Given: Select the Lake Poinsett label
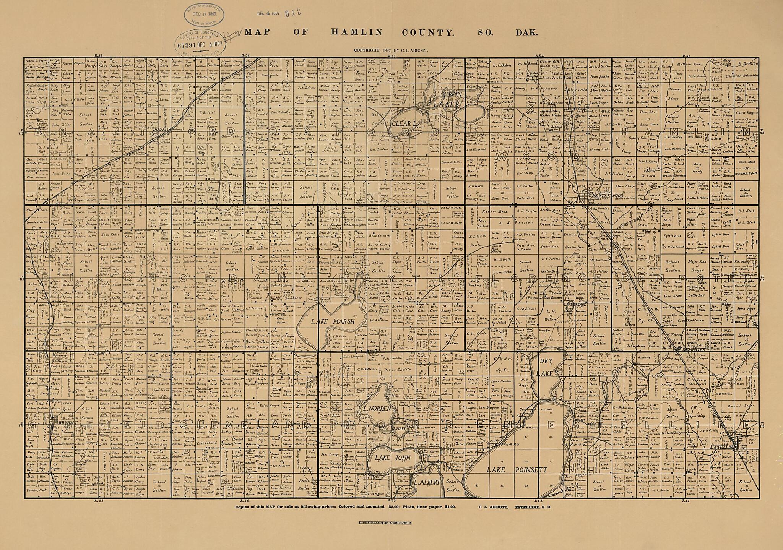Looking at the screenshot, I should click(x=517, y=470).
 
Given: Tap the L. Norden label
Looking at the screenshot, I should click(x=375, y=409).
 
